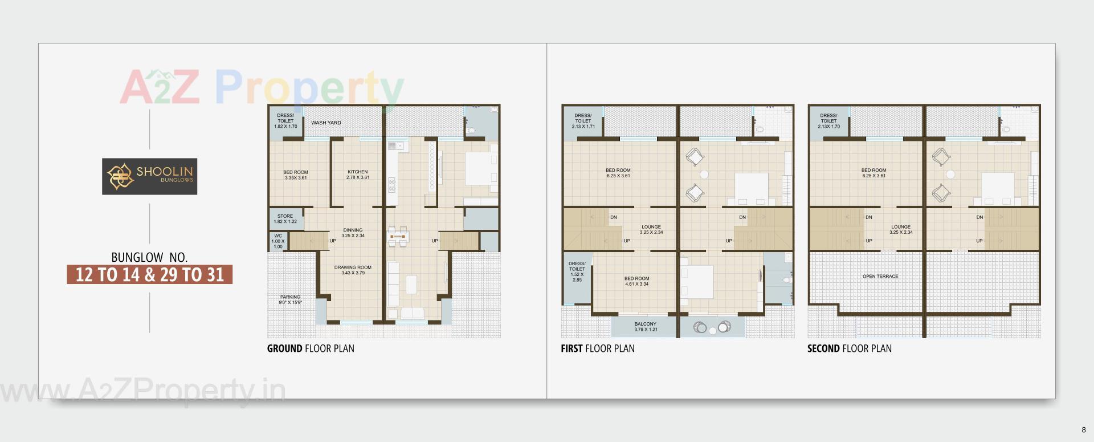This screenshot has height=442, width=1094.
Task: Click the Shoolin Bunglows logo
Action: pos(149,176)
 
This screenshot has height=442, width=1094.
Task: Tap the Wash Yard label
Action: pos(326,123)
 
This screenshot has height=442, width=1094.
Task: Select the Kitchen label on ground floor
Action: pos(357,175)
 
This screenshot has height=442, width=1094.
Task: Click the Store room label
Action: pos(285,219)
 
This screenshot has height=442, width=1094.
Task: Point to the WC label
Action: pos(277,241)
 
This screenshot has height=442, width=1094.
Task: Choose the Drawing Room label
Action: pos(353,270)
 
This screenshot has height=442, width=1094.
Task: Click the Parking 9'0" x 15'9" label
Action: pos(290,299)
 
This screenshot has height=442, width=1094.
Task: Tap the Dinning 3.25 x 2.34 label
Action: pos(353,233)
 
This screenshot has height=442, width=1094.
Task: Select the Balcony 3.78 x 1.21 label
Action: pos(646,327)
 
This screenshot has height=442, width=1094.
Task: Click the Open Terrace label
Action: pos(880,277)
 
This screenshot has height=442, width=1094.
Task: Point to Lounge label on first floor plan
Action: pos(651,229)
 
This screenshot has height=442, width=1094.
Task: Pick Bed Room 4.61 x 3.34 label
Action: pos(636,281)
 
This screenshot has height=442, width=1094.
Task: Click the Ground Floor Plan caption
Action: pos(311,348)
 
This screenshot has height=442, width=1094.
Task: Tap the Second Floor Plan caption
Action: pos(849,348)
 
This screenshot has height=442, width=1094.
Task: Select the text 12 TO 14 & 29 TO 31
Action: pos(150,275)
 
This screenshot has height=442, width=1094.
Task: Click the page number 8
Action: pos(1084,430)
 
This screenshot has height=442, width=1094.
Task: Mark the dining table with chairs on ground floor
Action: pos(398,236)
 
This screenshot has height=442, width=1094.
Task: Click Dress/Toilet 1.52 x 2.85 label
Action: pos(577,271)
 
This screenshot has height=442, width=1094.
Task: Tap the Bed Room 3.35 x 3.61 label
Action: pos(296,175)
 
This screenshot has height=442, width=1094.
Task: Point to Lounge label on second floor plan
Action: pos(901,229)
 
